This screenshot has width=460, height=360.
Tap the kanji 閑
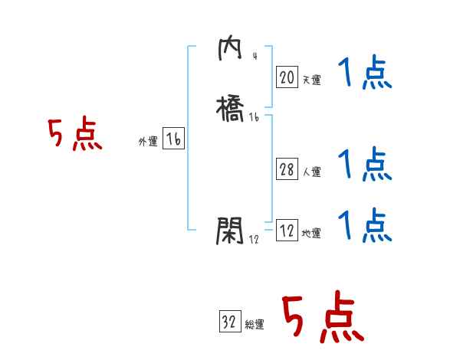[230, 230]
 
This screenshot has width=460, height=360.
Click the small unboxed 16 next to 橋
[255, 117]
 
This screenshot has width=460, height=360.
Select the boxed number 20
[287, 77]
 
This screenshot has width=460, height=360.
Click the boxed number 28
[287, 169]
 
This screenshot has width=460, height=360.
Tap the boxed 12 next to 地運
[287, 231]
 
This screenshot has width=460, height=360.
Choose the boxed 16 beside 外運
[173, 139]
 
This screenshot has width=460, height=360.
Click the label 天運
[311, 80]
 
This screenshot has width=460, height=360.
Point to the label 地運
[311, 234]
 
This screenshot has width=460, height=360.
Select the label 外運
[148, 142]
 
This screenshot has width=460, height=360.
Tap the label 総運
[255, 325]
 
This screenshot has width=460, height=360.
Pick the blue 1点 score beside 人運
[365, 165]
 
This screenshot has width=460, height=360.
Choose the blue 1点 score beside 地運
[365, 226]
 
